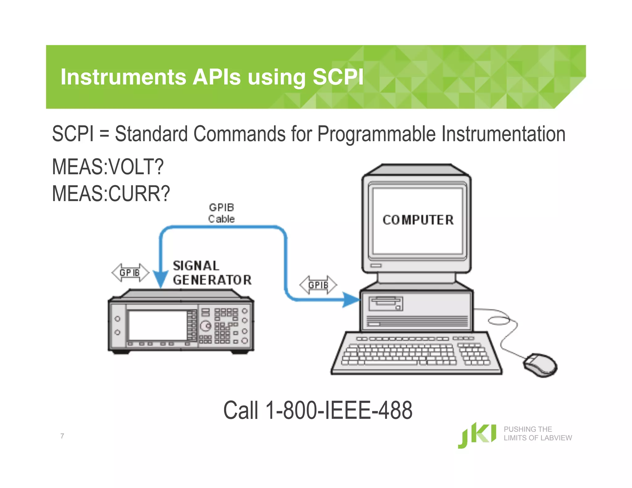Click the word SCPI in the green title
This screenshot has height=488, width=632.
click(338, 77)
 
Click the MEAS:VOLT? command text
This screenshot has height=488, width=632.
click(108, 167)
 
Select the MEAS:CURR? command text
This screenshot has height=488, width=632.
click(111, 194)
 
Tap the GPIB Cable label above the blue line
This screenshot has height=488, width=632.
click(221, 213)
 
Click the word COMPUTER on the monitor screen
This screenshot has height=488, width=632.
click(418, 220)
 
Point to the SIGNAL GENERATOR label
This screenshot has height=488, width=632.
click(212, 273)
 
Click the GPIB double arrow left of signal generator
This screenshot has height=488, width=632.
click(130, 273)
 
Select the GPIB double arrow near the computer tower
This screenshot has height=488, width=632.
click(318, 285)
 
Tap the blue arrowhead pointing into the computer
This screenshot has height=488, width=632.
click(351, 300)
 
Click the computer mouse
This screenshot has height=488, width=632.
click(540, 365)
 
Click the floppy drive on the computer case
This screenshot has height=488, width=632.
click(386, 304)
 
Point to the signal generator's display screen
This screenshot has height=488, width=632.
click(157, 325)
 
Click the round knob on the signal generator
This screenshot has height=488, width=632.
click(206, 326)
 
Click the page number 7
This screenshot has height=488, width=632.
click(62, 436)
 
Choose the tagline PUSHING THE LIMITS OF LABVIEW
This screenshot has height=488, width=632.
click(538, 433)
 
